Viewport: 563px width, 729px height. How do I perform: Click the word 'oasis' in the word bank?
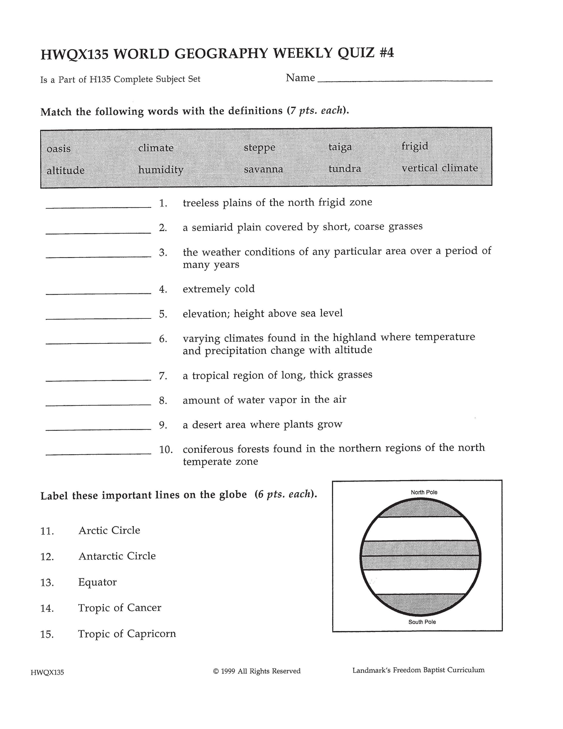coord(59,148)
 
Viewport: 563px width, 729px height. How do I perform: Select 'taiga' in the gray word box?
coord(340,147)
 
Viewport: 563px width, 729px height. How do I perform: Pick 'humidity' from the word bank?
coord(161,170)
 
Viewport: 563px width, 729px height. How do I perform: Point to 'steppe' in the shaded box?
coord(260,147)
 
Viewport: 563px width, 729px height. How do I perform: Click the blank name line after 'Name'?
coord(405,79)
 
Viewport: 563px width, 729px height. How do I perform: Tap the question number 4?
coord(163,290)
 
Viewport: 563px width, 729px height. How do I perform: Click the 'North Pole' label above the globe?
coord(424,492)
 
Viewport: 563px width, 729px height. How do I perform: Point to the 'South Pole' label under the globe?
coord(422,622)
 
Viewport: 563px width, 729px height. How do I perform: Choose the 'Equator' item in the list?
coord(97,582)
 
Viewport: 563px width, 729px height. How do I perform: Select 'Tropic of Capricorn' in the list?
coord(127,633)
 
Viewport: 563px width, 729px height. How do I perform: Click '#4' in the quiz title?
coord(386,53)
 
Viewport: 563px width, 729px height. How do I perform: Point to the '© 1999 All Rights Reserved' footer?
coord(257,671)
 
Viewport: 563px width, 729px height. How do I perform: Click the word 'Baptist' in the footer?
coord(434,670)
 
